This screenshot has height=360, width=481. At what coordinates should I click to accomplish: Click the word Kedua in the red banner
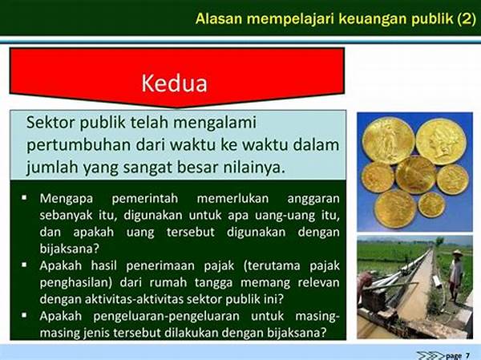coord(174,83)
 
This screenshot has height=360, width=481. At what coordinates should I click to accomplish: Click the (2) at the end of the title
coord(467,19)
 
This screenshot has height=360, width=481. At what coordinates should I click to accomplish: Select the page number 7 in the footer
coord(467,355)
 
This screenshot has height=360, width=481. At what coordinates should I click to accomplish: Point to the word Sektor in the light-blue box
coord(51,123)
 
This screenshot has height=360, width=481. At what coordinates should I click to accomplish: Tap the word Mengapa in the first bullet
coord(66,199)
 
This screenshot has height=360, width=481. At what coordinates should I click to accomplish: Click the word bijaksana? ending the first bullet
coord(70,249)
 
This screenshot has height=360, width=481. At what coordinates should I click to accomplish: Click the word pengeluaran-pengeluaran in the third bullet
coord(166,316)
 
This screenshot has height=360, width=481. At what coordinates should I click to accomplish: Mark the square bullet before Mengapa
coord(24,197)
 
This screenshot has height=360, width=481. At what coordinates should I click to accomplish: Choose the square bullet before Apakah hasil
coord(24,265)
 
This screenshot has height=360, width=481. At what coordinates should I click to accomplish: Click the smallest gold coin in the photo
coord(431,204)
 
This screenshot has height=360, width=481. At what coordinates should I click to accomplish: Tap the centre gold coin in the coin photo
coord(415,176)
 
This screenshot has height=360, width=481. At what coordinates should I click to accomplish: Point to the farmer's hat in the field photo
coord(457,253)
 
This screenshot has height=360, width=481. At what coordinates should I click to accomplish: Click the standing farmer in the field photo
coord(456,277)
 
